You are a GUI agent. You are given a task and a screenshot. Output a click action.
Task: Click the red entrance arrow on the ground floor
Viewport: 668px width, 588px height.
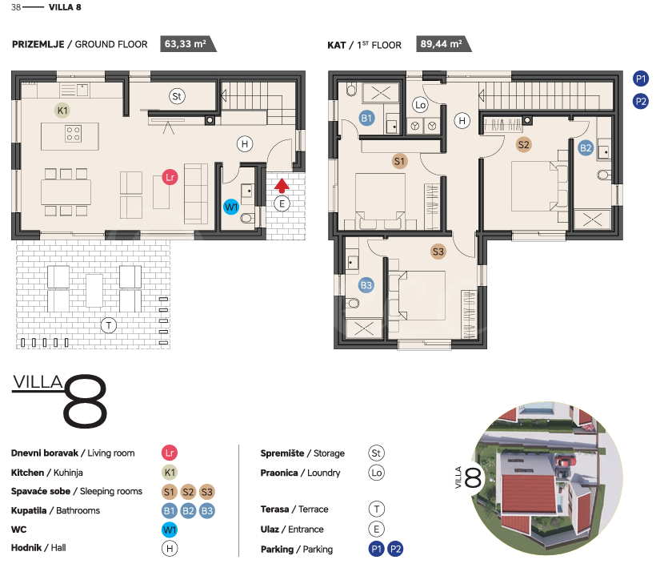click(x=282, y=186)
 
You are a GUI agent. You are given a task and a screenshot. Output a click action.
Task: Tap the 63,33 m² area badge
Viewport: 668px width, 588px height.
click(x=188, y=44)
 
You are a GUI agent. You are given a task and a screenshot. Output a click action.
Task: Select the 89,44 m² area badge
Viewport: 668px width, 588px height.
click(x=443, y=44)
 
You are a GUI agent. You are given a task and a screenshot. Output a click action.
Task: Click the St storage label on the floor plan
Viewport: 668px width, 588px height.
click(x=176, y=96)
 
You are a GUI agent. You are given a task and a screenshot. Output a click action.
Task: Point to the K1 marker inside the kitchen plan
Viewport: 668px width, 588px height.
click(x=62, y=111)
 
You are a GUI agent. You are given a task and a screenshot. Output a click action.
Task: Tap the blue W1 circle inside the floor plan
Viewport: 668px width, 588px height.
click(x=231, y=207)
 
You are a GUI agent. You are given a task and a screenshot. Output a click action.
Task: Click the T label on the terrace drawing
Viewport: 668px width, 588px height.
click(x=109, y=325)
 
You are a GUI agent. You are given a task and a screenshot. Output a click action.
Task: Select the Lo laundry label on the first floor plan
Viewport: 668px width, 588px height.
click(x=420, y=105)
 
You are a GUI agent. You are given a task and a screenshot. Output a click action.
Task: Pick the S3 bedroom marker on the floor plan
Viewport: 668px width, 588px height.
click(x=438, y=252)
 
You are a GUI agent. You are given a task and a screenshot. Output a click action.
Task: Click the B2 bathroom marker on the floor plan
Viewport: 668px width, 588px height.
click(x=586, y=148)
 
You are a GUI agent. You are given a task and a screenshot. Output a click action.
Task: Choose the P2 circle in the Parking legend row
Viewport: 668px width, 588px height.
click(x=395, y=549)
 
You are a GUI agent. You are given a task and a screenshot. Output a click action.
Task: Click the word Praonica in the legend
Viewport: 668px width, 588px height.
click(x=279, y=473)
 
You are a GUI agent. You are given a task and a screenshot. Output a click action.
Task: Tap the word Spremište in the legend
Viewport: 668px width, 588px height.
click(x=282, y=453)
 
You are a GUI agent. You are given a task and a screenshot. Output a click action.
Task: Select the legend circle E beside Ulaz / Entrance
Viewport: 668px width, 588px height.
click(x=376, y=529)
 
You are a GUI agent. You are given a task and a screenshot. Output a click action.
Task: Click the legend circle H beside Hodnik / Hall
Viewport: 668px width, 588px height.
click(x=170, y=548)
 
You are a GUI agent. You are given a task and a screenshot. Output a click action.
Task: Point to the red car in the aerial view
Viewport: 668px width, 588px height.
click(x=565, y=461)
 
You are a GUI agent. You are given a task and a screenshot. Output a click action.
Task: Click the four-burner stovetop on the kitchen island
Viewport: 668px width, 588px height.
click(x=74, y=134)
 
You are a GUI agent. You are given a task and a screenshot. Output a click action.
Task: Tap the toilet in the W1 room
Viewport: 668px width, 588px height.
click(x=246, y=219)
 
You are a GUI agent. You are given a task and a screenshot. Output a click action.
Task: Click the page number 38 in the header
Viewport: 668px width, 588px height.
click(x=16, y=7)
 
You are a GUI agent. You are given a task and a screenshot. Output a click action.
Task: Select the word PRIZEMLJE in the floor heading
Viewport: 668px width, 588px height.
click(x=38, y=44)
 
